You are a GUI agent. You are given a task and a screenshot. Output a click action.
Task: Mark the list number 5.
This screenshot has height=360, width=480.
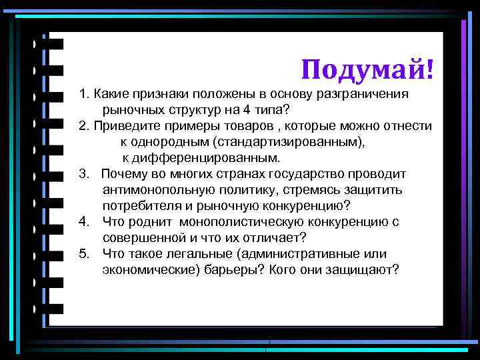tap(83, 254)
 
